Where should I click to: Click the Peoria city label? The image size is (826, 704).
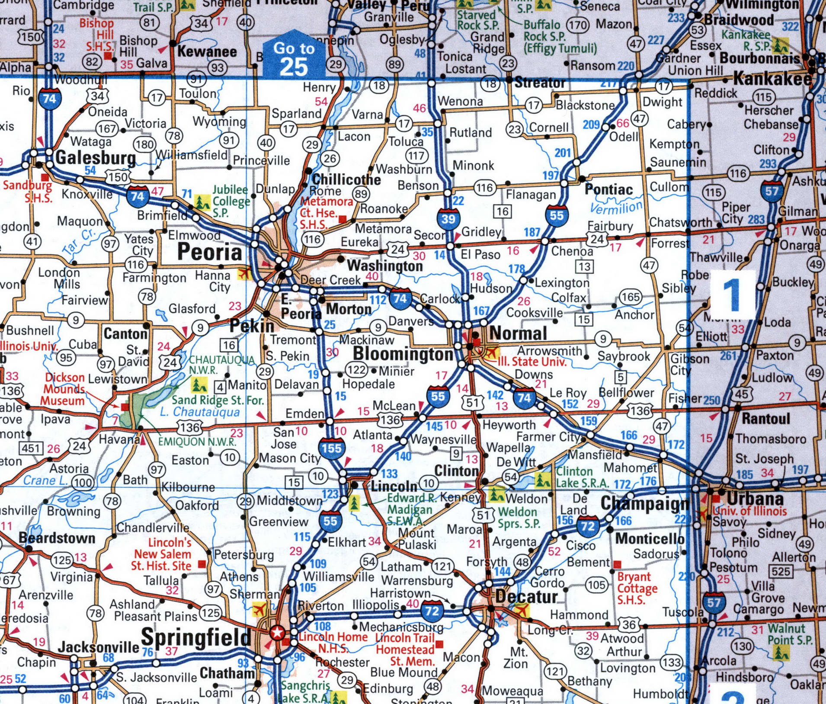[x=209, y=252]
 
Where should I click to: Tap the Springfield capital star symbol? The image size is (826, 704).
[x=277, y=633]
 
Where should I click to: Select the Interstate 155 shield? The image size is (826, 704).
[x=331, y=448]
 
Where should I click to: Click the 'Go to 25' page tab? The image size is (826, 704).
[x=294, y=58]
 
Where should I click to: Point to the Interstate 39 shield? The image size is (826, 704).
[x=448, y=218]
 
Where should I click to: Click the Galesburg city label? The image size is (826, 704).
[x=96, y=157]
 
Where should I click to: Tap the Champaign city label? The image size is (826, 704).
[x=645, y=504]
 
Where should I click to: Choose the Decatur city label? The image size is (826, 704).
[x=526, y=597]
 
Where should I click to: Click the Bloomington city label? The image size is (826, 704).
[x=403, y=354]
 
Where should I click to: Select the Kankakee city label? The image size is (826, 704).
[x=772, y=79]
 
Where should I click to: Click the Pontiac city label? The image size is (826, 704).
[x=608, y=189]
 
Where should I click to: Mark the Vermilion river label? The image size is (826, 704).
[x=616, y=208]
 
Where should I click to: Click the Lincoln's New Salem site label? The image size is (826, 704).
[x=163, y=554]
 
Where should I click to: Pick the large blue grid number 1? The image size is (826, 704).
[x=733, y=296]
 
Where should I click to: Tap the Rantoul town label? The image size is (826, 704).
[x=765, y=419]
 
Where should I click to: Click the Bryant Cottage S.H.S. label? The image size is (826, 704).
[x=637, y=588]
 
